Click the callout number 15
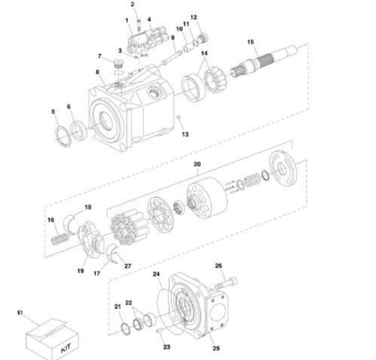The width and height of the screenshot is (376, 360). tap(250, 42)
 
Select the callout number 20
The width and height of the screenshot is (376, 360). tap(197, 164)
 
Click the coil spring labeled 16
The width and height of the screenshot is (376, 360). tap(61, 239)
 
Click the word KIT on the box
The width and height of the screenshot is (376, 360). tap(66, 348)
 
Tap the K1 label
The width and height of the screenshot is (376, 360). tap(20, 312)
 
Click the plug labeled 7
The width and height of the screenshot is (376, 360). tap(118, 64)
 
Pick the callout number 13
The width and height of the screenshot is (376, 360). tap(185, 134)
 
